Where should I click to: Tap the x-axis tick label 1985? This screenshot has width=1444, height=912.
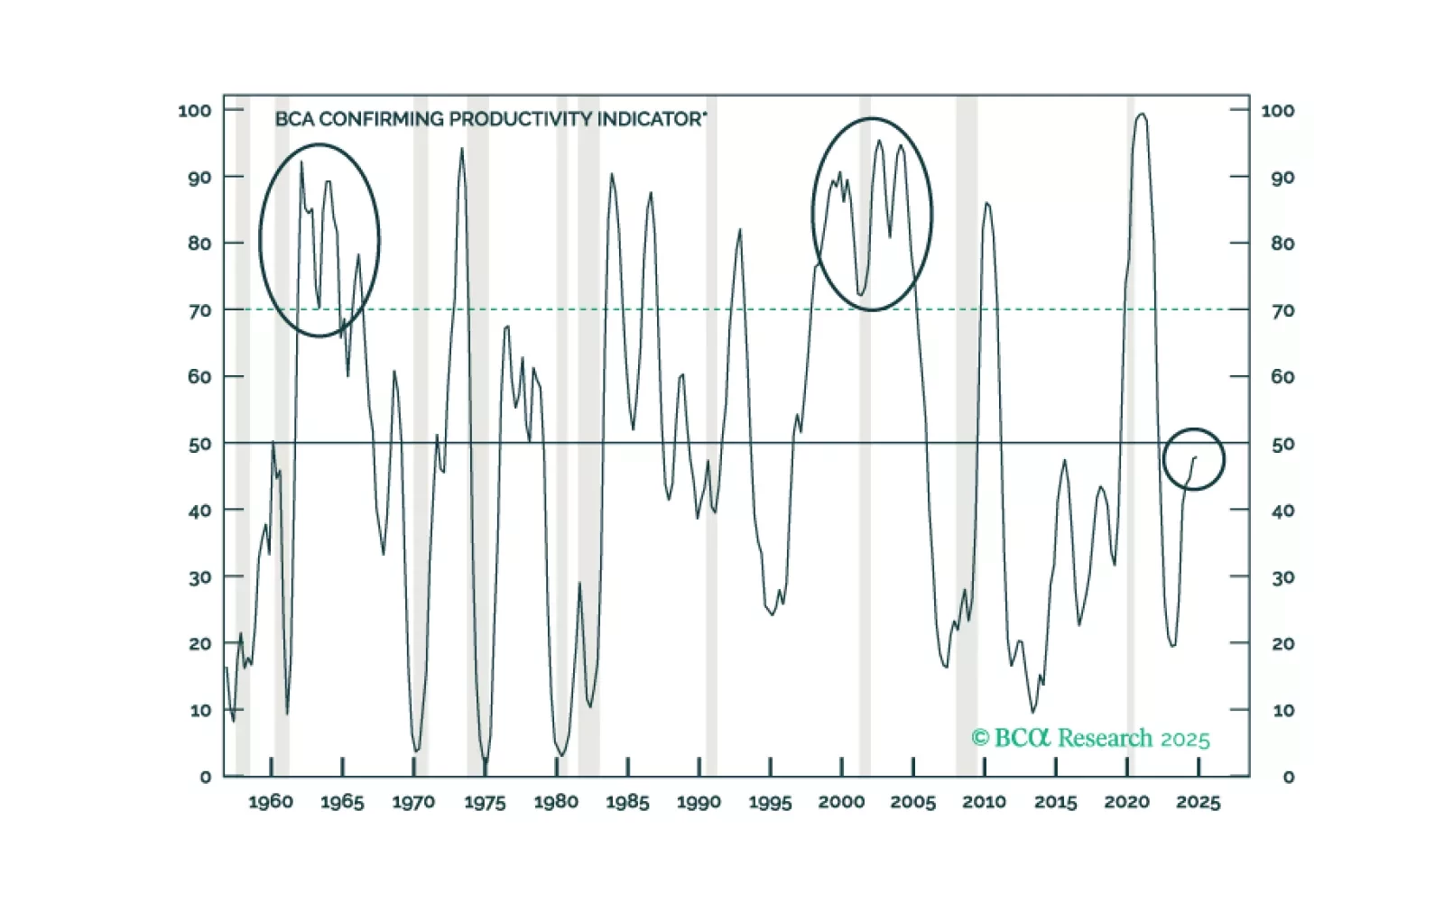tap(627, 802)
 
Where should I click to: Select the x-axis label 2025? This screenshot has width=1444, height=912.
tap(1198, 802)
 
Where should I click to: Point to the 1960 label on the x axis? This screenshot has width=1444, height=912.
tap(271, 802)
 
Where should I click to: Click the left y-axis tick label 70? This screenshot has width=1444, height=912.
tap(199, 310)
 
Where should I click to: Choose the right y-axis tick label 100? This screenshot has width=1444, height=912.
tap(1277, 110)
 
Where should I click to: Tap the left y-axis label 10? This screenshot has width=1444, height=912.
tap(199, 710)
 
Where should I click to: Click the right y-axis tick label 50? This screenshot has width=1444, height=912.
tap(1282, 444)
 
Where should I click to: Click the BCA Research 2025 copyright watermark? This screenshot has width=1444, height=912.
tap(1090, 738)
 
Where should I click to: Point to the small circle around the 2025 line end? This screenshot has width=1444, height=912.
tap(1193, 459)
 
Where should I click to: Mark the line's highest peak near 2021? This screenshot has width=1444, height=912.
tap(1142, 115)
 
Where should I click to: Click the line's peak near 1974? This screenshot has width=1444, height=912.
tap(462, 149)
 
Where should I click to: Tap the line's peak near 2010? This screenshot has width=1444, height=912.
tap(986, 203)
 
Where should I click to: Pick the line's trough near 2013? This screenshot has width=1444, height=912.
tap(1033, 713)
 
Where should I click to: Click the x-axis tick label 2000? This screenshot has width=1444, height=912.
tap(841, 802)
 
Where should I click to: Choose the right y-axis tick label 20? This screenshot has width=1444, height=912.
tap(1282, 644)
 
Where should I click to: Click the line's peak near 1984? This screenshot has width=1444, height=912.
tap(612, 174)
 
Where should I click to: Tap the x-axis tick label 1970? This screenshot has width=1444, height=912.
tap(413, 802)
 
